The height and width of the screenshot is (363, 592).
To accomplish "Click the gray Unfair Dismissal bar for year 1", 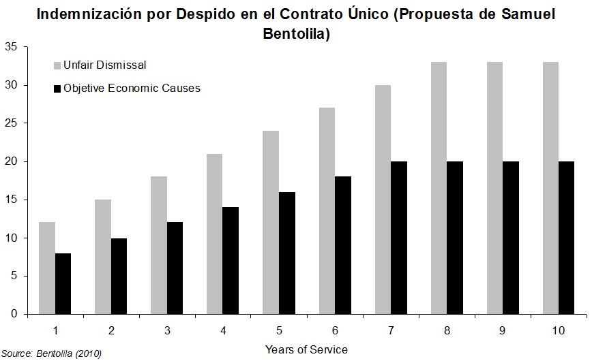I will pyautogui.click(x=47, y=268).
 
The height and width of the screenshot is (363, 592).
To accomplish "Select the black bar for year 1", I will pyautogui.click(x=63, y=283).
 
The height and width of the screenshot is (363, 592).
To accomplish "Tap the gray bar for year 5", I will pyautogui.click(x=270, y=222).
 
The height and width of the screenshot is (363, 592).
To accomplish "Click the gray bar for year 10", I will pyautogui.click(x=550, y=188).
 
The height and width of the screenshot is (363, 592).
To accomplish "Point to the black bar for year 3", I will pyautogui.click(x=175, y=268).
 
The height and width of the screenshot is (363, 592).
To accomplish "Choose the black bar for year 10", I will pyautogui.click(x=566, y=238).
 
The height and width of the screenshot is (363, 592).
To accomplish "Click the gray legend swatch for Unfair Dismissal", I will pyautogui.click(x=57, y=66).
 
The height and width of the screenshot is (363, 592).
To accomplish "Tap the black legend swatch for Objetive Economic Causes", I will pyautogui.click(x=57, y=89).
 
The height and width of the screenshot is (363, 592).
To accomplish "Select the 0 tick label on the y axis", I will pyautogui.click(x=14, y=314).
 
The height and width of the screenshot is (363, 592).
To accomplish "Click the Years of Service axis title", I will pyautogui.click(x=306, y=349).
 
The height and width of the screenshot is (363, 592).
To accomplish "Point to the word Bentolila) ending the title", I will pyautogui.click(x=297, y=34).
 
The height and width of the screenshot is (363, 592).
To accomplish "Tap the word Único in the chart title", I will pyautogui.click(x=367, y=14).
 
